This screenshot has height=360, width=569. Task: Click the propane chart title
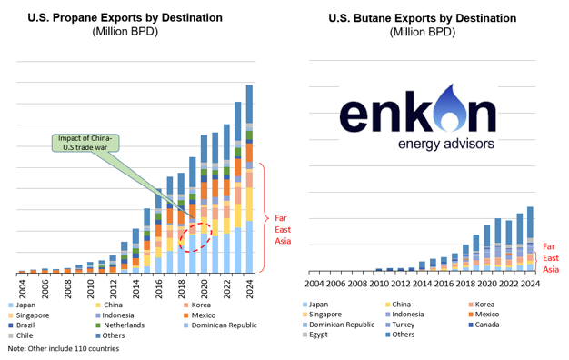125,18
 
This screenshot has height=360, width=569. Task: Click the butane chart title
423,18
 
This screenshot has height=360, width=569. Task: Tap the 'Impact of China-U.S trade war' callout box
85,143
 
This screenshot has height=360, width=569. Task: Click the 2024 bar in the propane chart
249,179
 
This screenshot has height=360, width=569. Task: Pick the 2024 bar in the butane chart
530,239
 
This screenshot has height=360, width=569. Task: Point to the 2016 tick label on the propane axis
158,289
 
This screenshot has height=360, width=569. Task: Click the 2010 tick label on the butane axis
378,284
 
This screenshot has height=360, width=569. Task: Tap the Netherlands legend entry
120,325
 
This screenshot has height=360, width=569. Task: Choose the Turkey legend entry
400,325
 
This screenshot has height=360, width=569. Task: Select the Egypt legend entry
315,335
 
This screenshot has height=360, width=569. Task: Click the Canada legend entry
484,325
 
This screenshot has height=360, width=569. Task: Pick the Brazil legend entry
21,325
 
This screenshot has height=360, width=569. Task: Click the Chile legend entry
20,335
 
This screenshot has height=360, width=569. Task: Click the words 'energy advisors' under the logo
446,144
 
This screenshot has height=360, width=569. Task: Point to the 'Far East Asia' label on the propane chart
283,229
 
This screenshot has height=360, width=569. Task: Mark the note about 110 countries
64,349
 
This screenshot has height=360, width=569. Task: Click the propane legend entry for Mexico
199,315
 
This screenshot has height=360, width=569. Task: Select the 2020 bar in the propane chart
204,204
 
